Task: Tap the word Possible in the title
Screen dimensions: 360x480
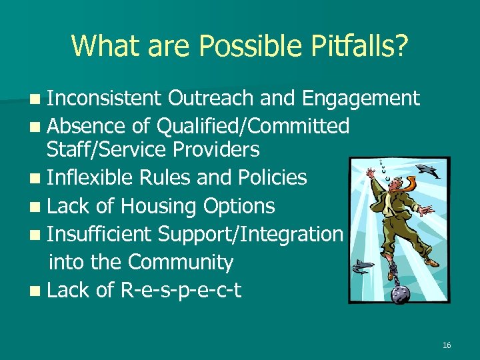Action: point(230,46)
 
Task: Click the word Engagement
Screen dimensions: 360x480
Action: point(361,99)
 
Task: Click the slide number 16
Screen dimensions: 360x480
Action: point(446,345)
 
